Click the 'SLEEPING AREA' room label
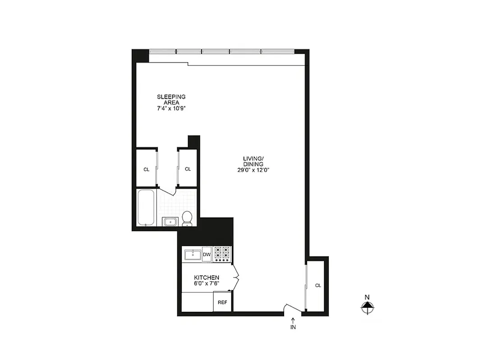point(171,99)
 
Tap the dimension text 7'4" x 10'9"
point(171,109)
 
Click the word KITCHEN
point(207,278)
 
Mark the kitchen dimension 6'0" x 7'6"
point(207,283)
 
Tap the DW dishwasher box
point(207,255)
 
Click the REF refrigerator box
point(222,303)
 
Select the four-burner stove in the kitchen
point(222,254)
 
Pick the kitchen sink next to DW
point(192,254)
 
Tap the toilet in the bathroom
point(187,218)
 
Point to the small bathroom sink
point(170,221)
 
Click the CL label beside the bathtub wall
point(146,170)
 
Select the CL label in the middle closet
point(188,169)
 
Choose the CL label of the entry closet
point(318,286)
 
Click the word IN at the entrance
point(293,328)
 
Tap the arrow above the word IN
point(293,320)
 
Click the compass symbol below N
point(367,308)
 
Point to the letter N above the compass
point(367,297)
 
